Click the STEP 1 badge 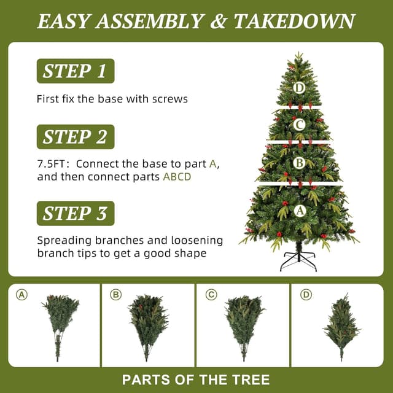click(76, 71)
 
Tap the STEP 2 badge click(76, 137)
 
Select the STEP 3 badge click(76, 213)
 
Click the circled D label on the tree click(299, 88)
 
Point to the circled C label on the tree click(299, 125)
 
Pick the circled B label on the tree click(299, 163)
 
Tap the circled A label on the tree click(300, 211)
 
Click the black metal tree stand click(298, 260)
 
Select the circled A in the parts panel click(22, 295)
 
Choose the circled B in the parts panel click(116, 295)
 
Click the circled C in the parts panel click(211, 295)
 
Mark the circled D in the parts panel click(306, 295)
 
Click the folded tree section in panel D click(341, 326)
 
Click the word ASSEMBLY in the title click(149, 21)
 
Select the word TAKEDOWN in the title click(294, 21)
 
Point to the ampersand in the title click(219, 21)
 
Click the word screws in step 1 click(170, 99)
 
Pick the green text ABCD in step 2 click(177, 177)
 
